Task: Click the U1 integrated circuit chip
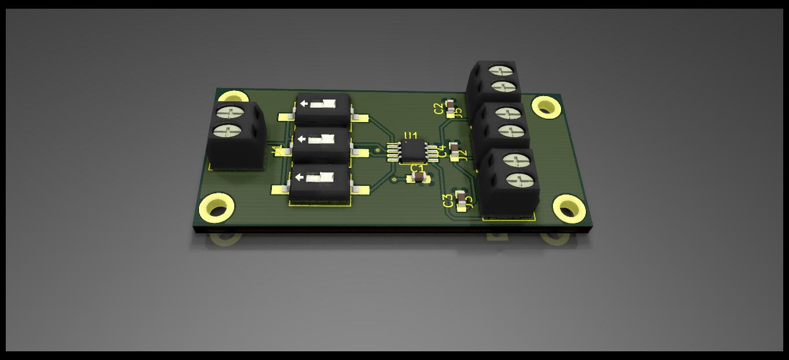tap(412, 150)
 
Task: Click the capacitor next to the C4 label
tap(454, 150)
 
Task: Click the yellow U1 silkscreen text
tap(410, 137)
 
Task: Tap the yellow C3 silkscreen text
tap(448, 201)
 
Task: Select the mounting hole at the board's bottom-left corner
tap(217, 208)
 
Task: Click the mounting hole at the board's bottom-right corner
tap(569, 208)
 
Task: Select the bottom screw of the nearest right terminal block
tap(519, 180)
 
